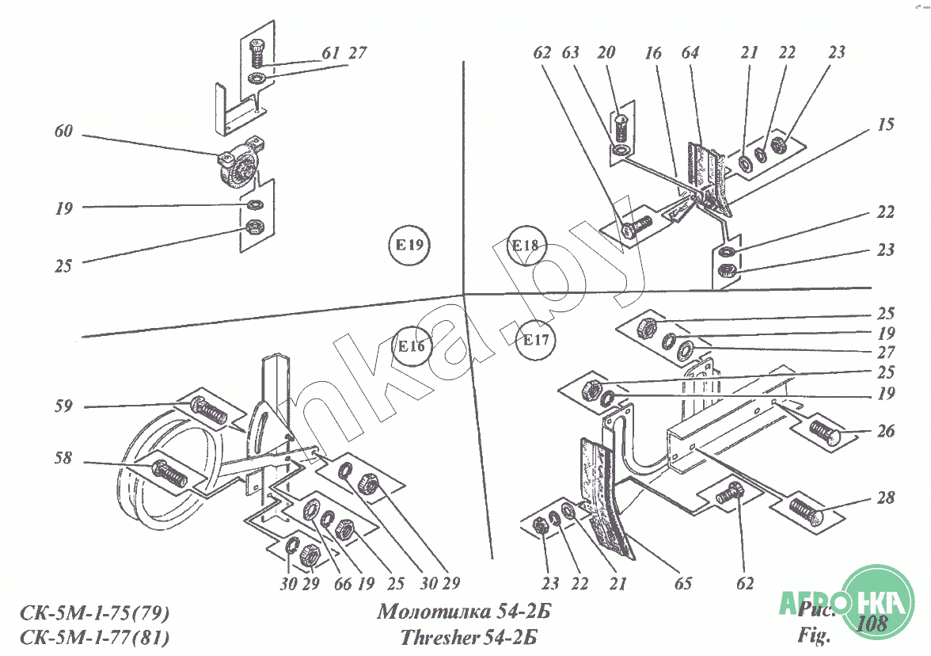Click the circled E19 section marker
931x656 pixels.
(409, 245)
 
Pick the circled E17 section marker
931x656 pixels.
(535, 341)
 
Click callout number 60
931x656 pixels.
(63, 132)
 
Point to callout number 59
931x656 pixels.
(63, 406)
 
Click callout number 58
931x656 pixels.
(63, 460)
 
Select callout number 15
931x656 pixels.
(885, 125)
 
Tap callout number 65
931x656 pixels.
(683, 584)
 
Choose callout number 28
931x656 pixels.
(885, 498)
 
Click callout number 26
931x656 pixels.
(885, 433)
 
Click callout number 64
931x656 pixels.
(690, 53)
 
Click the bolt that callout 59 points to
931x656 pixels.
(209, 410)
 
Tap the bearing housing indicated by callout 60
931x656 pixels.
(239, 166)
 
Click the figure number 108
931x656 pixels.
(871, 623)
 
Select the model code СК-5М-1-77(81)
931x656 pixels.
(93, 637)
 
